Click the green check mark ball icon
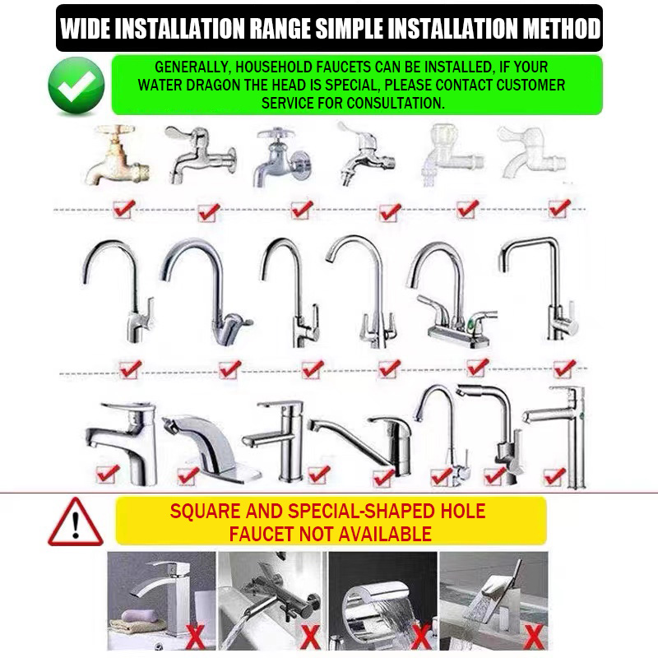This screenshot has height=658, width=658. [76, 85]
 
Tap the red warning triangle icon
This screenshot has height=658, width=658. [76, 523]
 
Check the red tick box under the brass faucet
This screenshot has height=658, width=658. [123, 208]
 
